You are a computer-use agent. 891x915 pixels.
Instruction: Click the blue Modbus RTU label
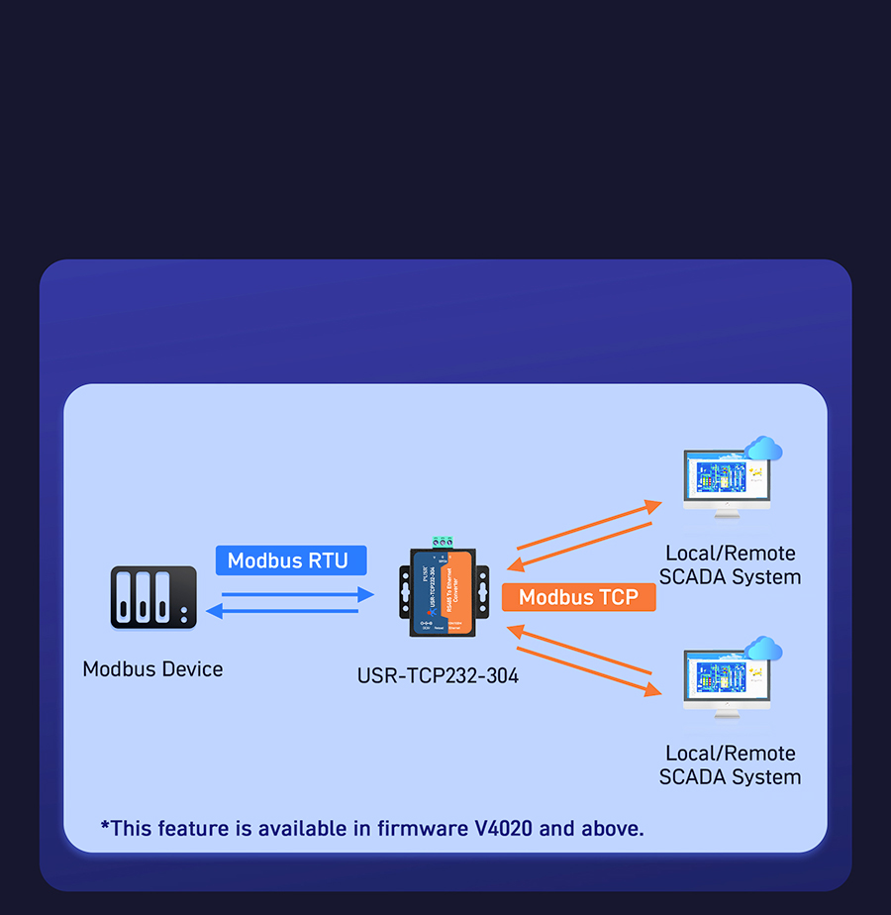(288, 560)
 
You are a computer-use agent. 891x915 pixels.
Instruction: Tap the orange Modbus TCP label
(579, 596)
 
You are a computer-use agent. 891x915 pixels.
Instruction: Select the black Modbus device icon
(153, 597)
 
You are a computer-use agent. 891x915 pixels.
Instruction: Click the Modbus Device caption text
(152, 669)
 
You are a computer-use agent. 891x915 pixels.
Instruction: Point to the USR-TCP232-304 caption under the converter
(438, 676)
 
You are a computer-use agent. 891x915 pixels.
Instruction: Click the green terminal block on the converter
(442, 542)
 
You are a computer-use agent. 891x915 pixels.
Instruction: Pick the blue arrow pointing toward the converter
(297, 595)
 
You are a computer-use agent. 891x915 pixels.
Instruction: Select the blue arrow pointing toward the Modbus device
(282, 611)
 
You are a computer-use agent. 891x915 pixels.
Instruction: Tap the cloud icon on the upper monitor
(763, 450)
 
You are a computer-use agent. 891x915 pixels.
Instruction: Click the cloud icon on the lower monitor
(763, 650)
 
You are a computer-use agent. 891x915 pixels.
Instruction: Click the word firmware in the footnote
(419, 828)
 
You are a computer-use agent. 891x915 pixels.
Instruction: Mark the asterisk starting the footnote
(105, 825)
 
